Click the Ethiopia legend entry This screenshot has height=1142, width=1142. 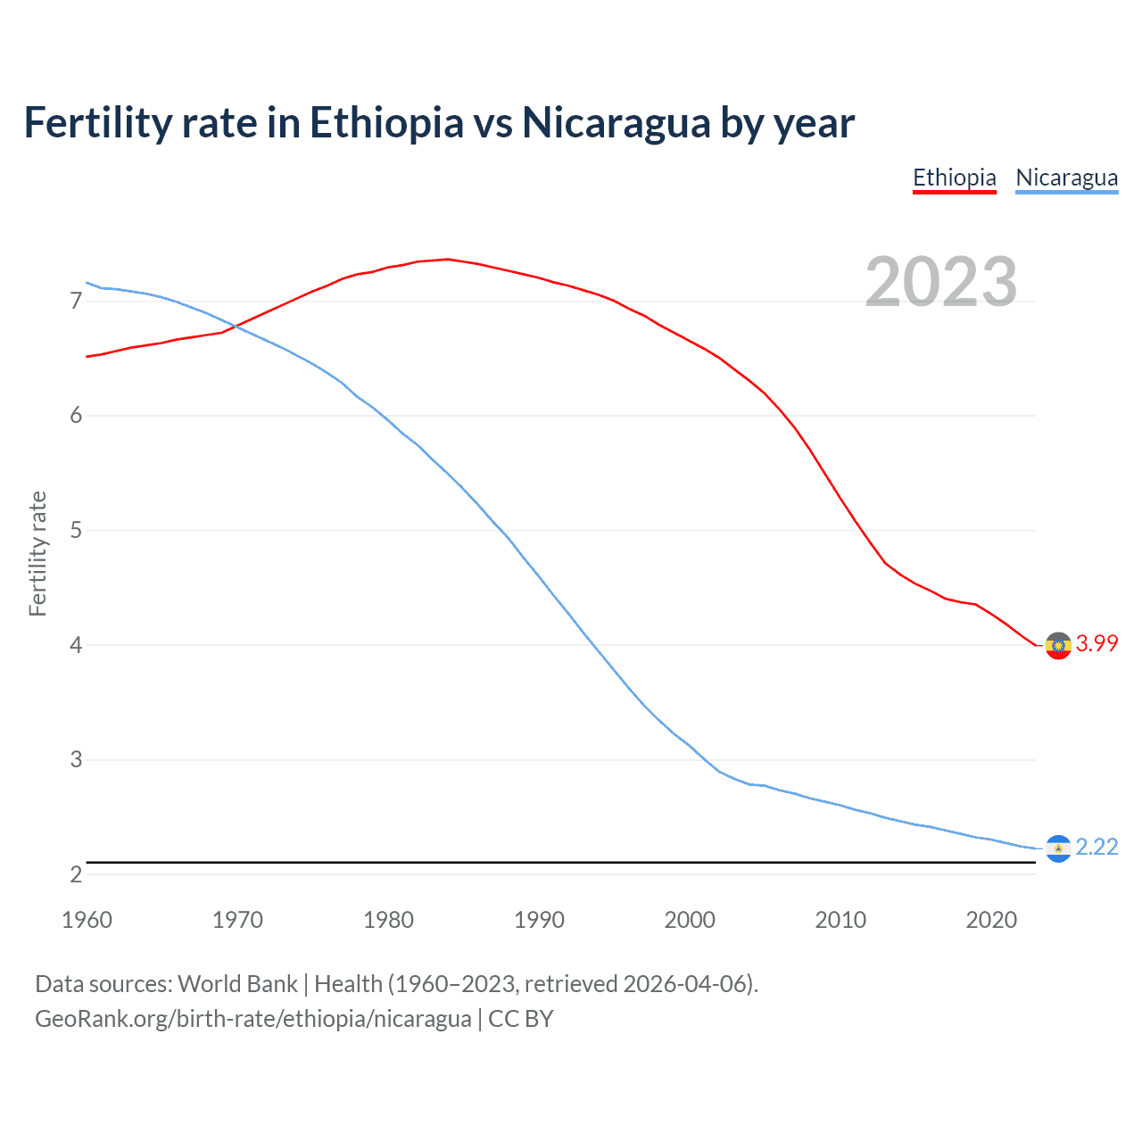tap(954, 178)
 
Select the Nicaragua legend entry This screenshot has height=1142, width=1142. tap(1066, 178)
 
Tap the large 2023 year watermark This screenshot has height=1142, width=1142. tap(941, 282)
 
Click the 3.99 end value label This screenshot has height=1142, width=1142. tap(1096, 643)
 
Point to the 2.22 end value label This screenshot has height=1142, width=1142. tap(1096, 847)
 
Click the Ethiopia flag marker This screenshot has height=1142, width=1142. tap(1058, 645)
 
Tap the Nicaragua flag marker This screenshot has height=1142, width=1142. tap(1058, 848)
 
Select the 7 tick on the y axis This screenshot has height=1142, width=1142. tap(76, 302)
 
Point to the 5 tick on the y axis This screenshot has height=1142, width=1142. tap(76, 531)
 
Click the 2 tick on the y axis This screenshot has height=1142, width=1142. tap(76, 874)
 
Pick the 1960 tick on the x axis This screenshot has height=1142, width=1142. tap(87, 920)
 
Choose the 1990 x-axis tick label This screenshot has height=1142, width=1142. tap(539, 920)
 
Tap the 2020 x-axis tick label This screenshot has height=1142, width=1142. tap(991, 920)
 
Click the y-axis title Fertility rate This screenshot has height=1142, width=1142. tap(37, 553)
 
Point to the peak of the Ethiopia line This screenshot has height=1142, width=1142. tap(447, 259)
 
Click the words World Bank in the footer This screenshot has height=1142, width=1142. tap(237, 984)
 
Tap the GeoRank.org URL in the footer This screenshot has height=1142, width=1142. tap(252, 1019)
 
